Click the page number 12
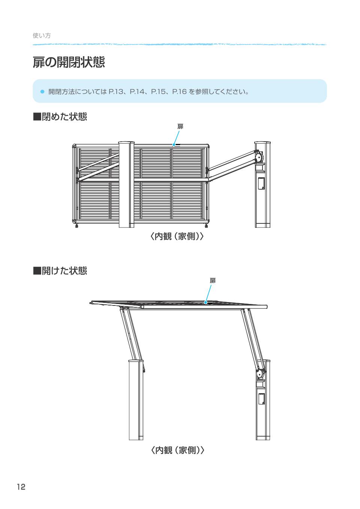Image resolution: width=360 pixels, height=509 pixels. (x=21, y=487)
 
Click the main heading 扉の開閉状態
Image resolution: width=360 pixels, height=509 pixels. (x=69, y=63)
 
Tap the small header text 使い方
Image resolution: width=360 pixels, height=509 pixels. (x=42, y=36)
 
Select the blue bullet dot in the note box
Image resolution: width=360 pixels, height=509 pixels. (x=42, y=91)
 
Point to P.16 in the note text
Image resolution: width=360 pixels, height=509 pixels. (x=179, y=91)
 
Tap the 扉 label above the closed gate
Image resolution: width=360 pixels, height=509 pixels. (x=180, y=127)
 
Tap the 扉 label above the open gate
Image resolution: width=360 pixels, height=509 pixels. (x=213, y=281)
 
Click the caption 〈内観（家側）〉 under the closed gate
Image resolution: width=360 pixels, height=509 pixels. (x=177, y=237)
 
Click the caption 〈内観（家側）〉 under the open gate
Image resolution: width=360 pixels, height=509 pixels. (x=178, y=450)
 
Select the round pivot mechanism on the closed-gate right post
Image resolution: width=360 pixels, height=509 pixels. (x=259, y=157)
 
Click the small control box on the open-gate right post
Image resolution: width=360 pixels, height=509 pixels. (x=262, y=399)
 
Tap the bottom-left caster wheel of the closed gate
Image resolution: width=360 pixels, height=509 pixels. (x=77, y=226)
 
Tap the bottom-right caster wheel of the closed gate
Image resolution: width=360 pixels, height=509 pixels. (x=206, y=226)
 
